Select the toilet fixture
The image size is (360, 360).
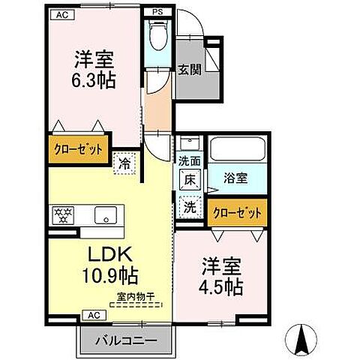(157, 37)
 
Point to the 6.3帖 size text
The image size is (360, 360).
(94, 80)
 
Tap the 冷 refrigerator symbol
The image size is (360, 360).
(124, 160)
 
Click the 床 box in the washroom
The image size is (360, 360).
(190, 179)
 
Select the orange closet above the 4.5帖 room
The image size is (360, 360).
(237, 213)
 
